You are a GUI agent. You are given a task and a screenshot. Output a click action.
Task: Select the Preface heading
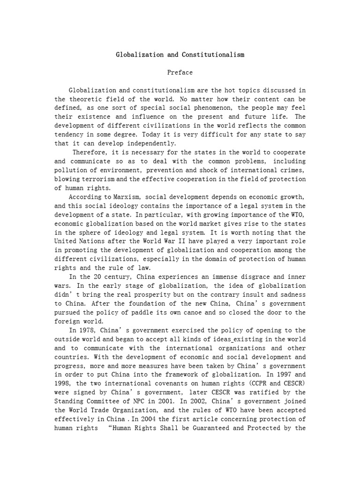pyautogui.click(x=180, y=73)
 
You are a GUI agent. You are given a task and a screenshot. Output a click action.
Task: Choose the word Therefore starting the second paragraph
pyautogui.click(x=91, y=153)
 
